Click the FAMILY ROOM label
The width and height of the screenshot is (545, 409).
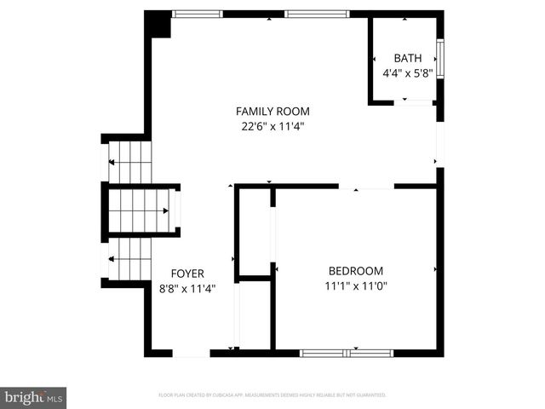272,111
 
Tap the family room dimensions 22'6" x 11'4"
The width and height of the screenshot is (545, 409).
272,127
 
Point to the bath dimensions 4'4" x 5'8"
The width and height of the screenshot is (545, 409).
408,72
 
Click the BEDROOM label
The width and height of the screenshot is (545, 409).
354,270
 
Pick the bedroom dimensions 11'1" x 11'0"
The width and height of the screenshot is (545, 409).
355,286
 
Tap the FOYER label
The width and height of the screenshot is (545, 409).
187,274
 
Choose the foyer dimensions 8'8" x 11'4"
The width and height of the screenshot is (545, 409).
187,289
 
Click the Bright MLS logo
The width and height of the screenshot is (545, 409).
33,396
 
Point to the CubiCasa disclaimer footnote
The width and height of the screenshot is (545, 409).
272,395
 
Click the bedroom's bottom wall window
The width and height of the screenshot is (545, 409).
347,352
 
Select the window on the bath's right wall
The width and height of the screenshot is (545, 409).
440,59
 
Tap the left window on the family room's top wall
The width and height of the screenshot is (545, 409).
197,14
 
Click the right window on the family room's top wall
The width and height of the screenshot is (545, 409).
317,14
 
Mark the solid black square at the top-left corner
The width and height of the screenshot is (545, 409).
158,24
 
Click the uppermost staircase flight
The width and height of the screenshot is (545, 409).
129,163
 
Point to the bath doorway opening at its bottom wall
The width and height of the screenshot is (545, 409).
416,102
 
